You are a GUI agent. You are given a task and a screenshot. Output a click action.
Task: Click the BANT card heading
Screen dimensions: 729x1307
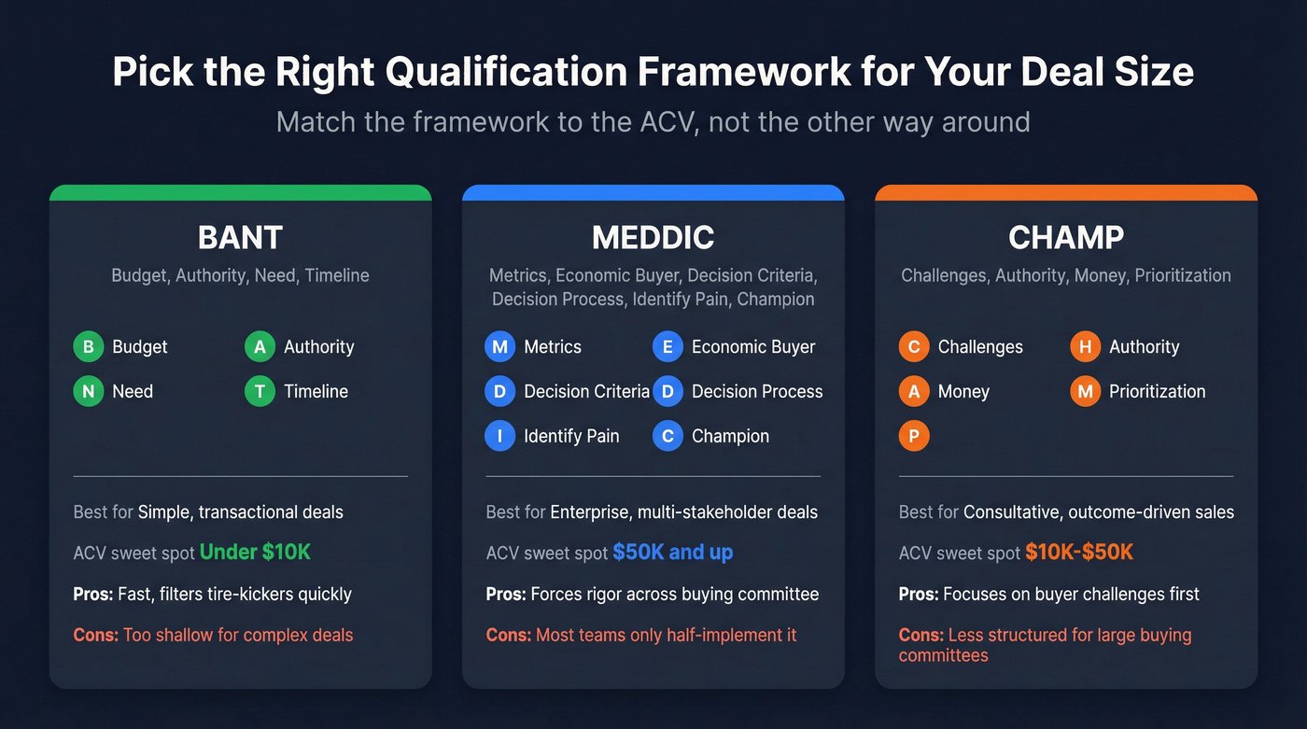(240, 238)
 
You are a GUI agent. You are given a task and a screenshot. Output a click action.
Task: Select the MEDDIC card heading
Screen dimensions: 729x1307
(653, 238)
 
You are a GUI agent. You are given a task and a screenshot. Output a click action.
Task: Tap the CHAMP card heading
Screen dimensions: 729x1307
(1065, 238)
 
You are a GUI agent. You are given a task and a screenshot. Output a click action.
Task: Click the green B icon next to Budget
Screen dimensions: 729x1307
(88, 347)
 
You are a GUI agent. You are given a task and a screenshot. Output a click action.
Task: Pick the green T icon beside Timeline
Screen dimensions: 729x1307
(260, 392)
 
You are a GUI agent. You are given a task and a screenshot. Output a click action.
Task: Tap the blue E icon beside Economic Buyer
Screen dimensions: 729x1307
(668, 347)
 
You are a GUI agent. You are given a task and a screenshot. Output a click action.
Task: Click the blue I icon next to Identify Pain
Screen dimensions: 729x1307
(499, 437)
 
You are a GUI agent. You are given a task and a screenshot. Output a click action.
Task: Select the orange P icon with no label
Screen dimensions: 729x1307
(914, 437)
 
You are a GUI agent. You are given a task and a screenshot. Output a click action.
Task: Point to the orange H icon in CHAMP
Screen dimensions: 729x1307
(1085, 347)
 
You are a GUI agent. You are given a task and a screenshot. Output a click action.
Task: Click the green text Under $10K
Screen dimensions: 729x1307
(255, 553)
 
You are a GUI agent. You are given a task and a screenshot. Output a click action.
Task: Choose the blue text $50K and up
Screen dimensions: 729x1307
(672, 553)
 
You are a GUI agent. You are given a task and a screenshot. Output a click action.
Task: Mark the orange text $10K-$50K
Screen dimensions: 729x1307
(1078, 553)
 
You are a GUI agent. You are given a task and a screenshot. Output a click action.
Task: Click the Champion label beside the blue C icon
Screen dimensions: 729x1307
(730, 437)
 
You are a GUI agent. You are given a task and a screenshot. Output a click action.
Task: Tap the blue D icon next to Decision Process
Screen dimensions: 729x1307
(668, 392)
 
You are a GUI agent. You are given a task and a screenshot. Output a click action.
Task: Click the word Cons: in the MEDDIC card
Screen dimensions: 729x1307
(509, 636)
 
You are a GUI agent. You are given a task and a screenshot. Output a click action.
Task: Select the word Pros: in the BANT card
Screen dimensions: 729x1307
(93, 595)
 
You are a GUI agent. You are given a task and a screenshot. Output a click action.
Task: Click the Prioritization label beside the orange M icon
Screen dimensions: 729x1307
(1157, 392)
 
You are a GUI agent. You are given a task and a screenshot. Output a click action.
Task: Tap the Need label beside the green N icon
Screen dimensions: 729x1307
(133, 392)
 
